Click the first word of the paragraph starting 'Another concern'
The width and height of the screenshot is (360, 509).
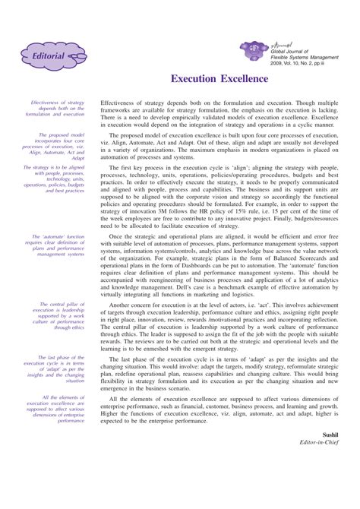coord(125,303)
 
